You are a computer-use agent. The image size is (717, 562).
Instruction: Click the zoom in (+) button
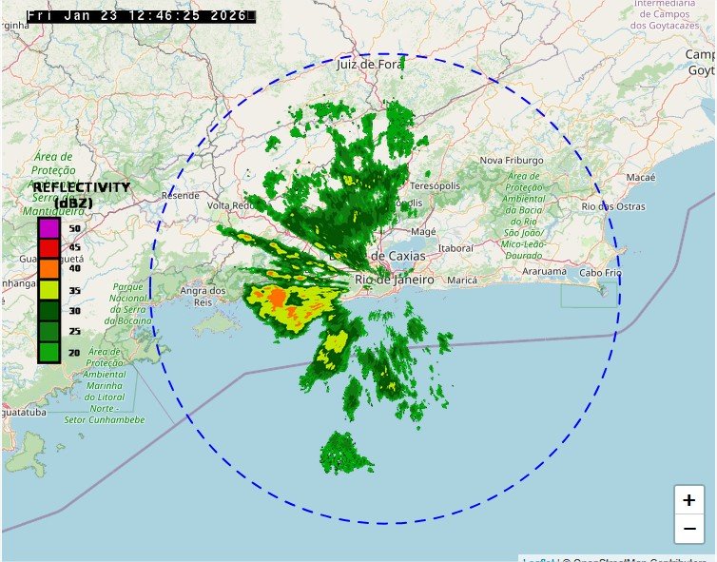coord(689,500)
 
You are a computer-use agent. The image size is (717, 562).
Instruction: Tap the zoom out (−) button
coord(689,529)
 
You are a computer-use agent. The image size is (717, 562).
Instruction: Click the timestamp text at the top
coord(141,16)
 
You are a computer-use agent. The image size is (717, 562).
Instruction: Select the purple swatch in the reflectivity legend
coord(48,228)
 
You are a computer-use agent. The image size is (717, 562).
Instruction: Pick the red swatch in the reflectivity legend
coord(48,248)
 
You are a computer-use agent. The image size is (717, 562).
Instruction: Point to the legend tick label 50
coord(74,229)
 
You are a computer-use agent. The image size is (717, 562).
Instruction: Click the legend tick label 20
coord(74,352)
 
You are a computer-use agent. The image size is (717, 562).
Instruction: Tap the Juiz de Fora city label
coord(369,66)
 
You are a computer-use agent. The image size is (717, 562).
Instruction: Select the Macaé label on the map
coord(641,178)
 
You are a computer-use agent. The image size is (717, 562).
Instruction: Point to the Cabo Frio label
coord(599,273)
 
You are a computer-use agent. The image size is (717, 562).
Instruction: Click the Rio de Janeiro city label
coord(394,281)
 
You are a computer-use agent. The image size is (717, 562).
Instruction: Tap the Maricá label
coord(461,281)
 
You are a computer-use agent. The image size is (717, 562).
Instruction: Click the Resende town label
coord(181,195)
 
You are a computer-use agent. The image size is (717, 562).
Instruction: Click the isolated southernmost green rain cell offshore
coord(344,454)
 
